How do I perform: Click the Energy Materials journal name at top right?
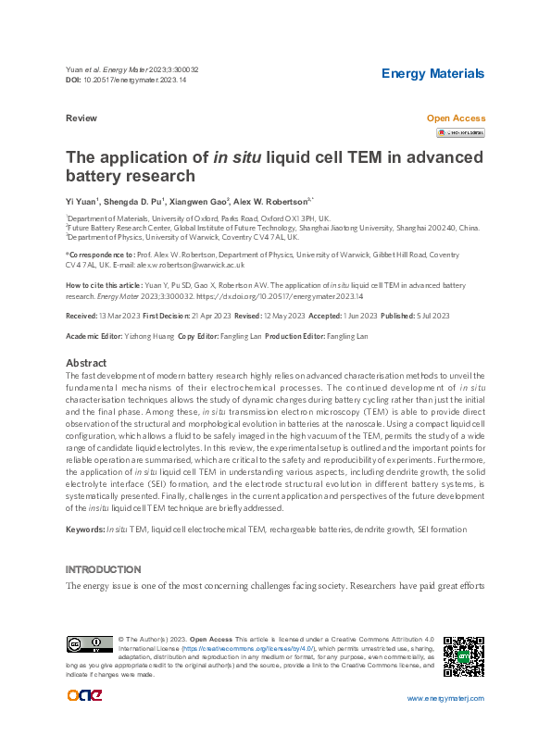pos(432,73)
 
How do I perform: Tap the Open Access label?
pos(455,118)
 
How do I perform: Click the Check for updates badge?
pos(460,132)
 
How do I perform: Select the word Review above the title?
pos(81,119)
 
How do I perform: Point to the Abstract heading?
pos(86,363)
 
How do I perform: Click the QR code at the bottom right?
pos(464,655)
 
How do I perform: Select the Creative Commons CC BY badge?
pos(89,644)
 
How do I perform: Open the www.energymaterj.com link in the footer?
pos(445,698)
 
